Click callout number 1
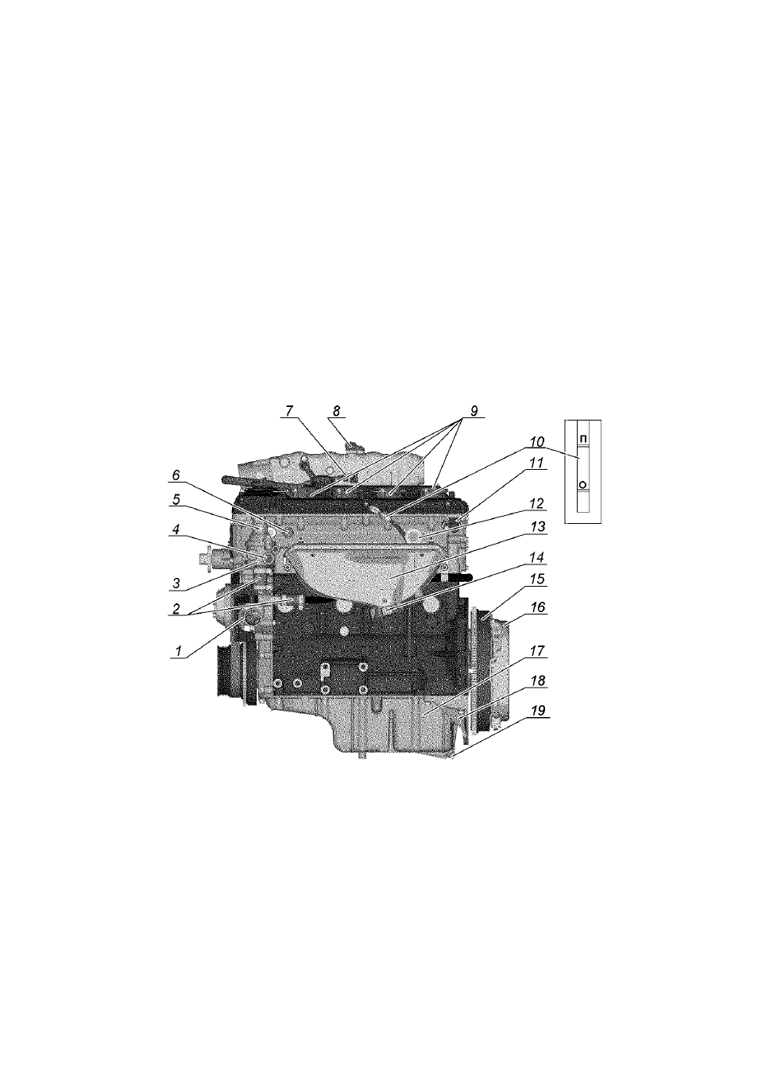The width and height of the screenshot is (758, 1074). pyautogui.click(x=178, y=651)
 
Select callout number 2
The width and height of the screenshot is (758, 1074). pyautogui.click(x=176, y=609)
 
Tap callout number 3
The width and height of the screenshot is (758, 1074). pyautogui.click(x=176, y=584)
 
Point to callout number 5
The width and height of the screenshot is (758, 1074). pyautogui.click(x=176, y=500)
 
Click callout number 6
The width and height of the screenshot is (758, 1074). pyautogui.click(x=176, y=475)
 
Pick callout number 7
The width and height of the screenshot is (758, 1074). pyautogui.click(x=289, y=411)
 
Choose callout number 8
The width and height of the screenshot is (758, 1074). pyautogui.click(x=336, y=411)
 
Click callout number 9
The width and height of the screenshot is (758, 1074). pyautogui.click(x=474, y=411)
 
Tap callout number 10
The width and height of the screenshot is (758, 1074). pyautogui.click(x=537, y=441)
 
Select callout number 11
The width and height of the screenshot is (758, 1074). pyautogui.click(x=537, y=463)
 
